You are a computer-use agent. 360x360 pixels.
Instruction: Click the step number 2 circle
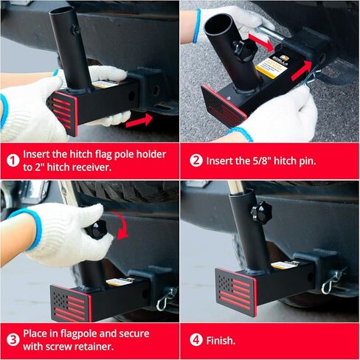(195, 160)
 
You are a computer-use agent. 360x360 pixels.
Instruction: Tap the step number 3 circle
(13, 340)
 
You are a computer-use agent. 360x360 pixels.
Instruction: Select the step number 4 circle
(195, 340)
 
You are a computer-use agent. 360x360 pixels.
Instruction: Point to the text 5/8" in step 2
(275, 160)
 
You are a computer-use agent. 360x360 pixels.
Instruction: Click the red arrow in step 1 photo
(139, 119)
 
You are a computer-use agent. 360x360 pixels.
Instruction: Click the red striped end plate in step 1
(63, 111)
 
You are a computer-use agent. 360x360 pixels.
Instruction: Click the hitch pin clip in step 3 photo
(165, 299)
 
